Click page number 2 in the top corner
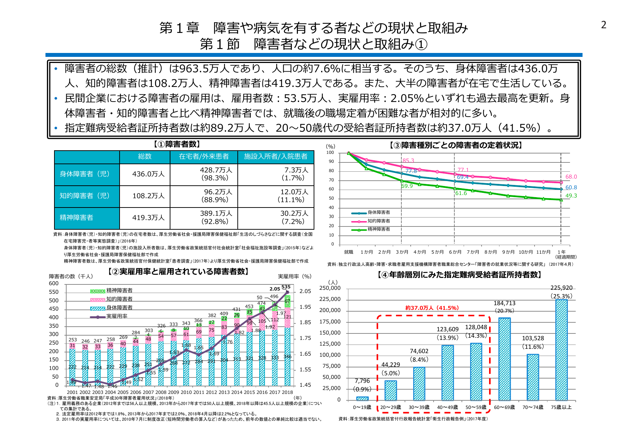click(x=604, y=25)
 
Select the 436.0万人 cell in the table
click(x=148, y=174)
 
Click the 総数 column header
click(x=145, y=156)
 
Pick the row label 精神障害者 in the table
click(x=76, y=218)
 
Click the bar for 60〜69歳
click(x=504, y=359)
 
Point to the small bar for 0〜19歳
click(x=362, y=398)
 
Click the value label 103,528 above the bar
click(x=533, y=338)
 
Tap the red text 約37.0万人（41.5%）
click(x=432, y=308)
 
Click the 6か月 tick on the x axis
click(x=455, y=252)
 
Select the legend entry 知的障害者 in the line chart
click(x=378, y=221)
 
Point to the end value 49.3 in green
click(x=571, y=196)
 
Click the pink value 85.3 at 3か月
click(x=408, y=161)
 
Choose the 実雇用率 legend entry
click(x=116, y=316)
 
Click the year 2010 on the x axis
click(x=186, y=392)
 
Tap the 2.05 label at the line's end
click(x=275, y=289)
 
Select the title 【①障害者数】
click(x=177, y=144)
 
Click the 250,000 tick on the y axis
click(x=330, y=288)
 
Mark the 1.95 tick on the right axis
click(x=305, y=307)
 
